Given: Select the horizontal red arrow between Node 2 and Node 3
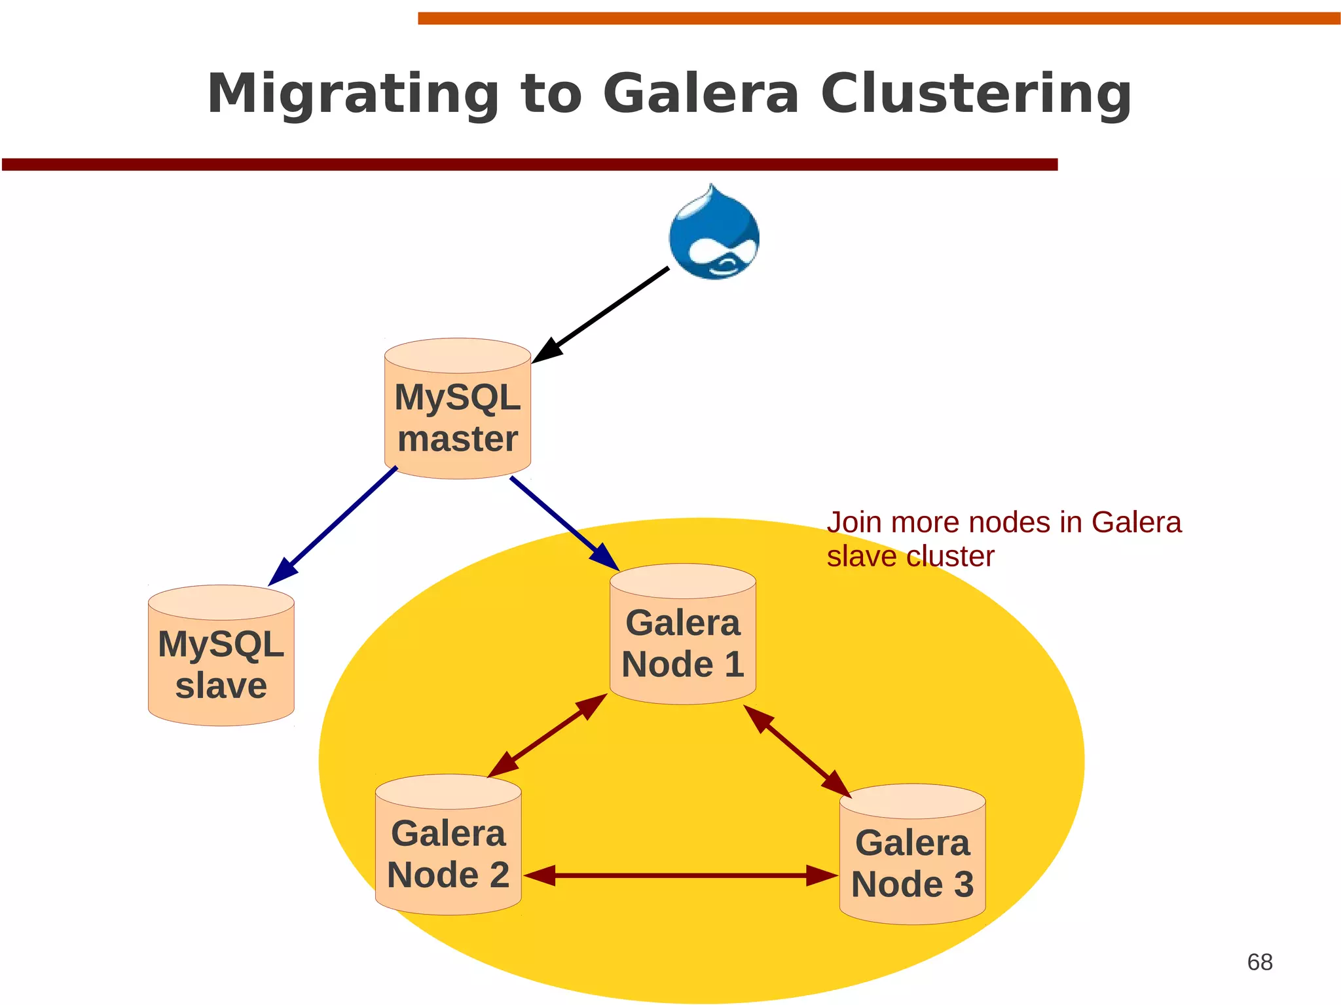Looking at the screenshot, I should pyautogui.click(x=681, y=875).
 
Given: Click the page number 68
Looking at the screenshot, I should pyautogui.click(x=1259, y=962).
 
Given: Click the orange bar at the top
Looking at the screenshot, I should pyautogui.click(x=877, y=18).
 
